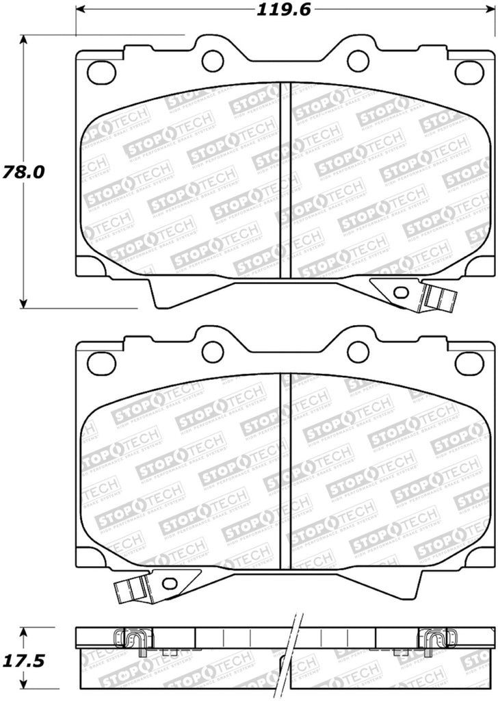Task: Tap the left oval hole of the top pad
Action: point(101,71)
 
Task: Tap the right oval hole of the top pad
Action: point(469,71)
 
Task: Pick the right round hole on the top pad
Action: point(358,60)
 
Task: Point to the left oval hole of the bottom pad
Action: point(101,362)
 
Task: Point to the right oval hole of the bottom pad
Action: point(469,362)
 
